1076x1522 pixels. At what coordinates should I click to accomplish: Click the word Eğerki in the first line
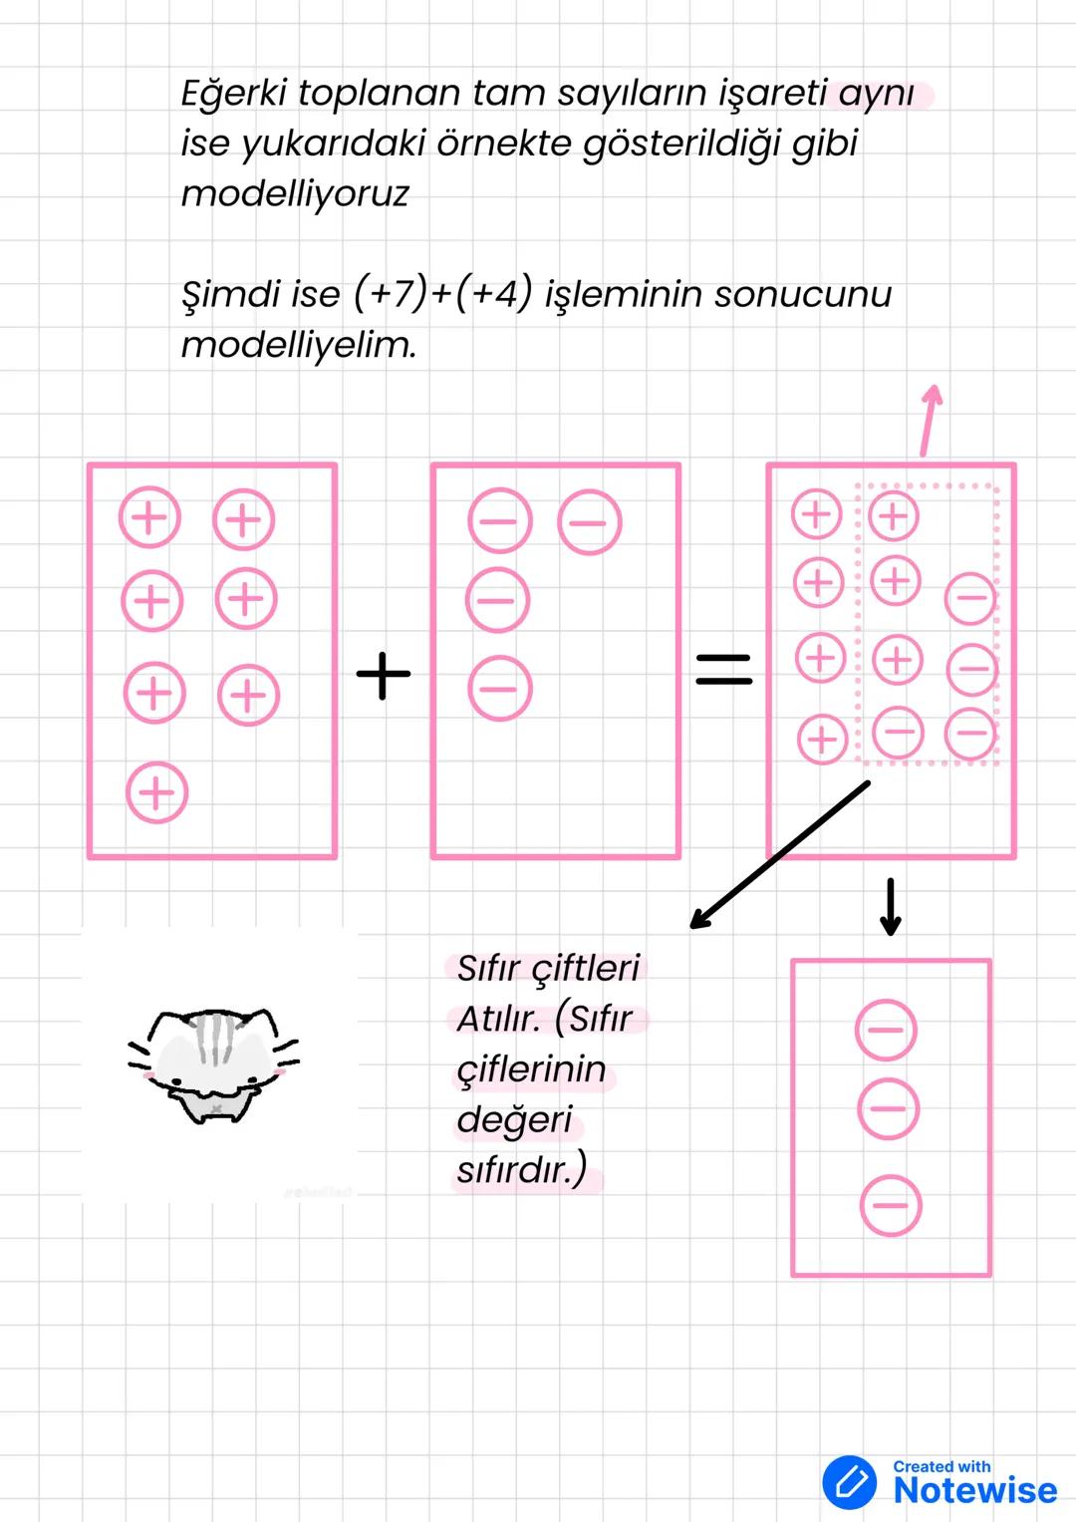pos(234,94)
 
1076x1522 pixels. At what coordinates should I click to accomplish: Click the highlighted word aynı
pos(876,94)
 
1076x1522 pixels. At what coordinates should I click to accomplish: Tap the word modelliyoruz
pos(295,193)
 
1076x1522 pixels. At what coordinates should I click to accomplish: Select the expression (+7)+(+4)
pos(443,294)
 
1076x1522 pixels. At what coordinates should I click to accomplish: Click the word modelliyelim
pos(299,345)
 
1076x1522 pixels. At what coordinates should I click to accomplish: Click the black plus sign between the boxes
pos(384,675)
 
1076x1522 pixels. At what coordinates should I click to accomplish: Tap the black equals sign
pos(723,668)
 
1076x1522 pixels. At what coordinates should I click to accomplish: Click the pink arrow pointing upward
pos(930,419)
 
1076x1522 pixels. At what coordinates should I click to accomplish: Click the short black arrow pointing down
pos(891,907)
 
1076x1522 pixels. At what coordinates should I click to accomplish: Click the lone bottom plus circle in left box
pos(156,793)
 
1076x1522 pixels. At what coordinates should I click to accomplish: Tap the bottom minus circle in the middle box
pos(499,689)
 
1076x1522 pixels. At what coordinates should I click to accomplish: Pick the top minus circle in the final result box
pos(886,1030)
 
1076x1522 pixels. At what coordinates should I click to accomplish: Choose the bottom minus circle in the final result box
pos(891,1206)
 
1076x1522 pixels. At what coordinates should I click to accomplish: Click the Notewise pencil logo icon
pos(849,1482)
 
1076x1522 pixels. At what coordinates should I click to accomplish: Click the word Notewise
pos(974,1490)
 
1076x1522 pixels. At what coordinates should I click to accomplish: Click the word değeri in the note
pos(514,1119)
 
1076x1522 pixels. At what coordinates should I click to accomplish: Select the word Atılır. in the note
pos(498,1019)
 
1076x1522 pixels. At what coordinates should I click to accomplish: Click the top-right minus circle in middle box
pos(590,522)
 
